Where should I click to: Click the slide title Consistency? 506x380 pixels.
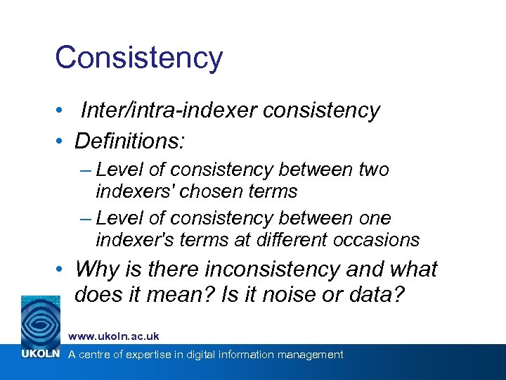138,58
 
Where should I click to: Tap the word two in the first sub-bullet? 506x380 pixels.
373,170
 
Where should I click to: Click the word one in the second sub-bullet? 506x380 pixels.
375,218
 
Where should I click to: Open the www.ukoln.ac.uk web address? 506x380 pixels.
113,336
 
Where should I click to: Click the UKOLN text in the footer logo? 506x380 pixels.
40,354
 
